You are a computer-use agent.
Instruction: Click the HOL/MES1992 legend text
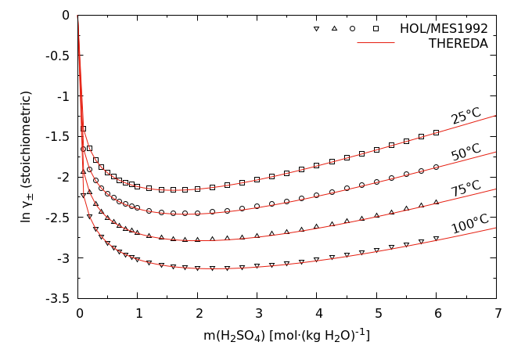click(444, 28)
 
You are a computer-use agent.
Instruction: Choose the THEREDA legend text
click(458, 44)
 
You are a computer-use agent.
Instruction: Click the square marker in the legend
click(376, 28)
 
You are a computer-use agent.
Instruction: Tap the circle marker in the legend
click(353, 28)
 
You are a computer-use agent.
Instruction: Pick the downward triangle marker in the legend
click(316, 28)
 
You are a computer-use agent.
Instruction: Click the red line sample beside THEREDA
click(376, 43)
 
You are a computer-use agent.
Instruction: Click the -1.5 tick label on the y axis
click(59, 136)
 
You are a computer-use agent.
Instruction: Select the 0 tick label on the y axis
click(66, 15)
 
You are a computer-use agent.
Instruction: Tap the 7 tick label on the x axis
click(496, 313)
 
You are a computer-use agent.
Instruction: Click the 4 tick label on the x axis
click(317, 313)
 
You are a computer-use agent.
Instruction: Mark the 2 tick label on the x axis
click(198, 313)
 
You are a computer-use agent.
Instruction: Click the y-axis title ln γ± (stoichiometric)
click(27, 157)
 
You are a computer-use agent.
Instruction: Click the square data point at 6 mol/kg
click(436, 132)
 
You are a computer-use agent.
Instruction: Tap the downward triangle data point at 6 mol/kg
click(436, 238)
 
